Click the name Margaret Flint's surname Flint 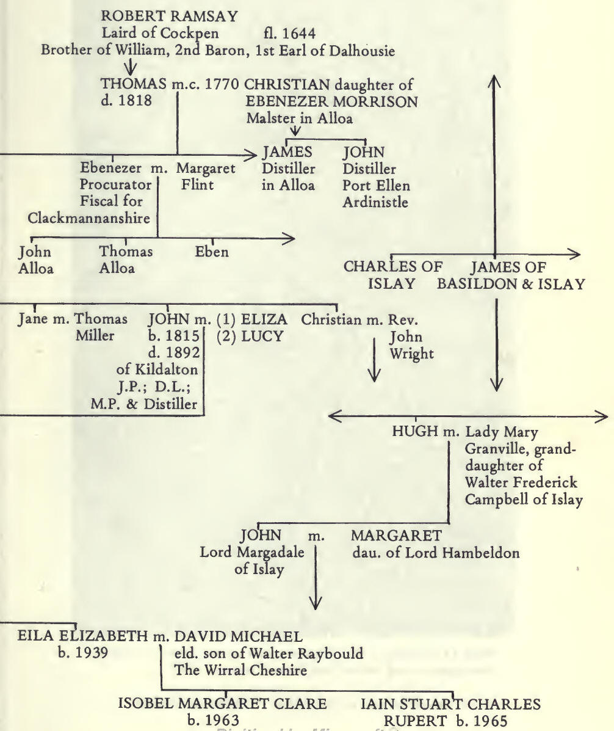(x=197, y=184)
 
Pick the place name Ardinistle (x=375, y=202)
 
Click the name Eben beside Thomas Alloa (x=212, y=251)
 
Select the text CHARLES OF (x=394, y=267)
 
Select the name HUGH (x=416, y=433)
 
